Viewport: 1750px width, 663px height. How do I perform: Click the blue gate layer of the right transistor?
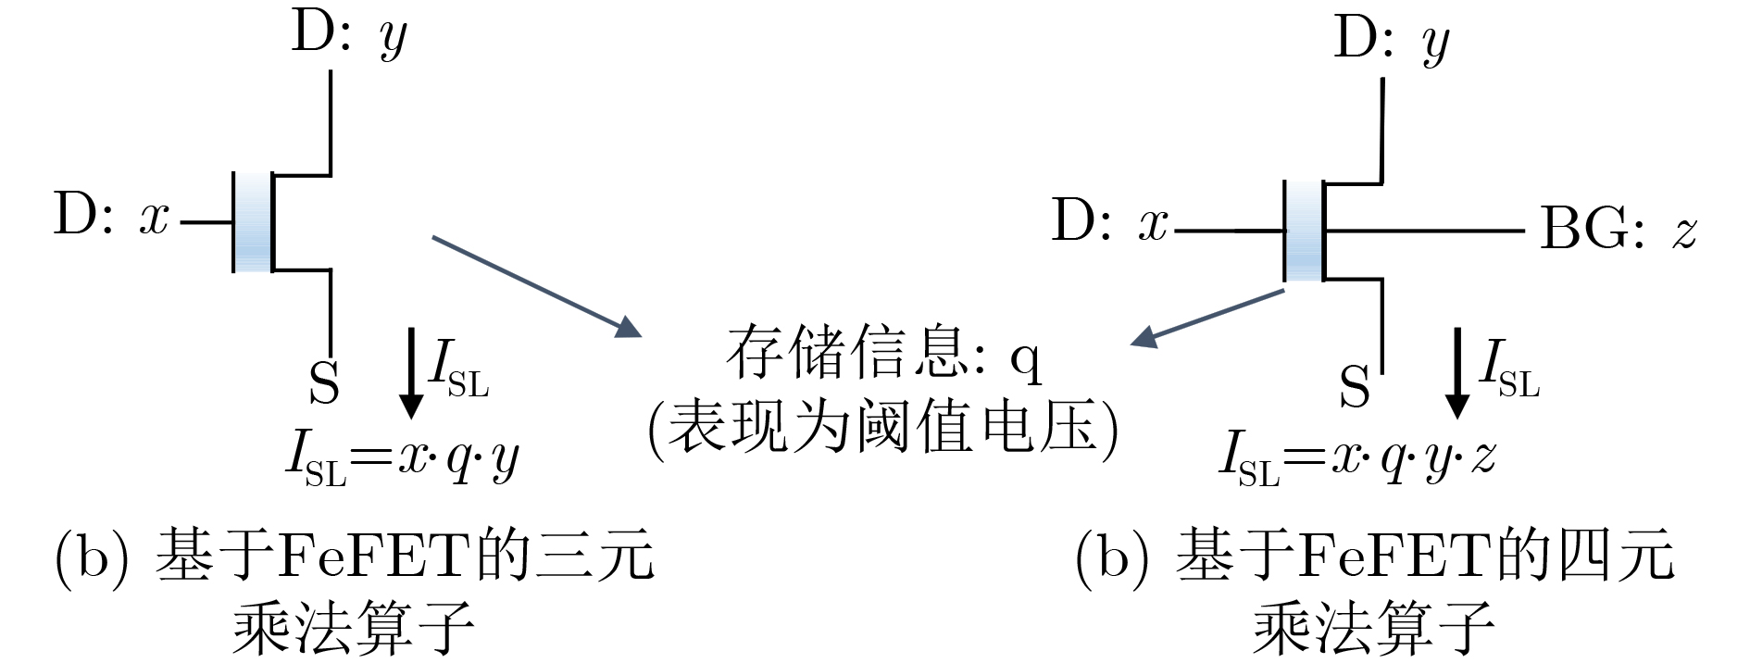point(1304,231)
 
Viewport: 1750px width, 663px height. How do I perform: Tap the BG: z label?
point(1618,228)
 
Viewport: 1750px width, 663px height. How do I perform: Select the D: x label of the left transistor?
point(112,216)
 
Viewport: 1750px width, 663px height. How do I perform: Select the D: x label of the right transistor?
point(1109,222)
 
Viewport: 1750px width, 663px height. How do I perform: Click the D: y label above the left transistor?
point(349,34)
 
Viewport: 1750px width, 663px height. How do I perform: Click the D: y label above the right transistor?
point(1392,41)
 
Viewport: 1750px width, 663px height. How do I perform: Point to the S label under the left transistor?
point(324,382)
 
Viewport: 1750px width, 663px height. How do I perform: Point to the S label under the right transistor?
point(1354,386)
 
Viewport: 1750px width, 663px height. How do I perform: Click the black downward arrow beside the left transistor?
point(410,372)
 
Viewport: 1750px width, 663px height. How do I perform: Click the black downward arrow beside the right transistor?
point(1456,372)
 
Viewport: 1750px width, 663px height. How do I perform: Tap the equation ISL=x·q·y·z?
point(1357,458)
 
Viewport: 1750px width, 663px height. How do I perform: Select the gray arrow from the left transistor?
point(537,286)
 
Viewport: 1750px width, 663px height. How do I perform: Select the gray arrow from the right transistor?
point(1206,319)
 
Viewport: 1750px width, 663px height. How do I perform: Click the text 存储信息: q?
point(884,355)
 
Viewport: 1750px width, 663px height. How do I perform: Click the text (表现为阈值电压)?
point(883,428)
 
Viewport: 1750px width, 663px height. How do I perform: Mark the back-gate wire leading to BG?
point(1424,231)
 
